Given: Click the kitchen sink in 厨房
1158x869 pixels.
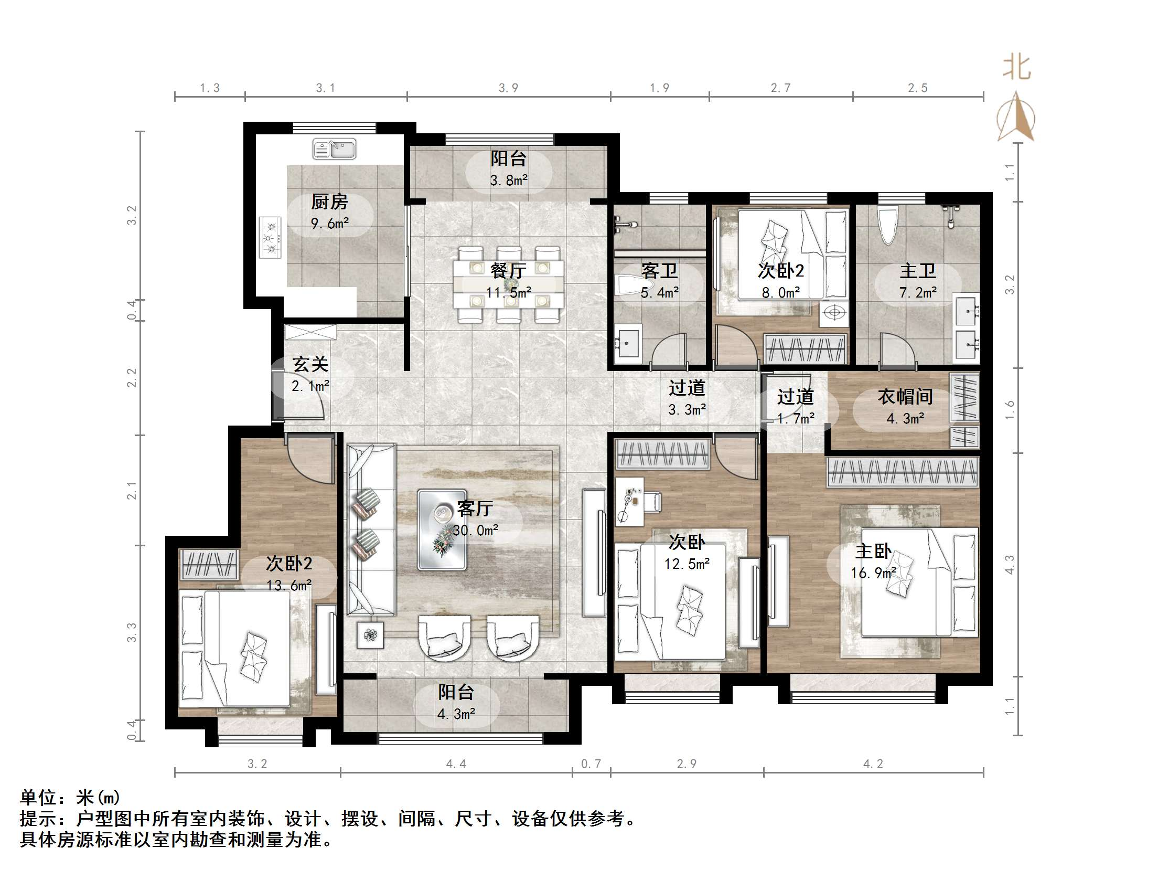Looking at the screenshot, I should pyautogui.click(x=334, y=149).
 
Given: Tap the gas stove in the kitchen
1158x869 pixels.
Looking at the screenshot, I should pyautogui.click(x=271, y=238).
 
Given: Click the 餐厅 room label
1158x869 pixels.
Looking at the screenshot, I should pyautogui.click(x=508, y=271).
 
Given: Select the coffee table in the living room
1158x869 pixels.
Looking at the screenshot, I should pyautogui.click(x=442, y=530).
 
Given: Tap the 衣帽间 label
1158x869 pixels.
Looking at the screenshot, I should pyautogui.click(x=905, y=397).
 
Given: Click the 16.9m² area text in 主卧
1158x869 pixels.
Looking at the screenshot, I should pyautogui.click(x=873, y=573).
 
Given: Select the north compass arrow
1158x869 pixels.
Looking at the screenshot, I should pyautogui.click(x=1016, y=118).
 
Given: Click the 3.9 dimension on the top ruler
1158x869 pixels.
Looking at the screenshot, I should pyautogui.click(x=508, y=88).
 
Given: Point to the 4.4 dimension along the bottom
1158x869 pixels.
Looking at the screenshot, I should pyautogui.click(x=456, y=764).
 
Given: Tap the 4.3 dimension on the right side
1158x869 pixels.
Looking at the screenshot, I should pyautogui.click(x=1010, y=564).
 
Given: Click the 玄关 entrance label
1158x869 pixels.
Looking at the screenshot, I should pyautogui.click(x=310, y=364).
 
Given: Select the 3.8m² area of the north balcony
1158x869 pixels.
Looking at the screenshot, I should pyautogui.click(x=508, y=181).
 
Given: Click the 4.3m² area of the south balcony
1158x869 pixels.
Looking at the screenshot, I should pyautogui.click(x=456, y=714).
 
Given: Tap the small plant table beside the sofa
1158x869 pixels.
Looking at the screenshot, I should pyautogui.click(x=370, y=635).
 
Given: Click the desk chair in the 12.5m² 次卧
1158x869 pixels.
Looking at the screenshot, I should pyautogui.click(x=652, y=502).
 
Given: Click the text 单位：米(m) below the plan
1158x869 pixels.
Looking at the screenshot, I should pyautogui.click(x=70, y=798).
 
